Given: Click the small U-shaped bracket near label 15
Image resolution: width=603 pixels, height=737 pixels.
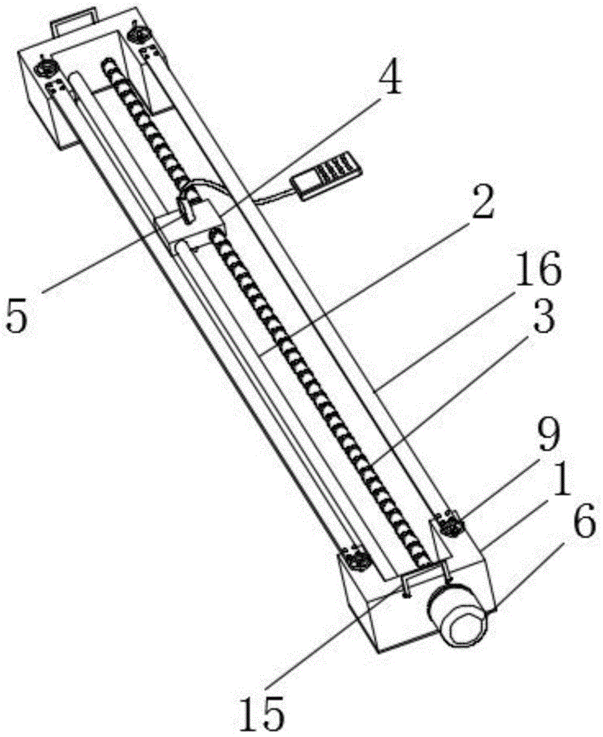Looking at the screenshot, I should (424, 575).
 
